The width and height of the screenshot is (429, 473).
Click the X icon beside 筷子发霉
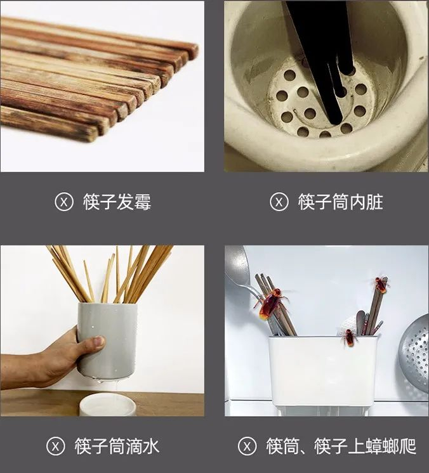tap(64, 202)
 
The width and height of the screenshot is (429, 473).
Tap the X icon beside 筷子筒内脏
tap(279, 202)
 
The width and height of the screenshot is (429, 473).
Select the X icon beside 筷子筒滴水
tap(56, 446)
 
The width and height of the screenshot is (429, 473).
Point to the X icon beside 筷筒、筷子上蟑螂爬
tap(247, 446)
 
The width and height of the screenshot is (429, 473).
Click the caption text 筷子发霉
tap(117, 202)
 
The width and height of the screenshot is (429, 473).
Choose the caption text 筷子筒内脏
tap(341, 202)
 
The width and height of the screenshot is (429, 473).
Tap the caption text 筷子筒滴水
tap(117, 446)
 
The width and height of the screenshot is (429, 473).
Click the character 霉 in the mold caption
tap(142, 202)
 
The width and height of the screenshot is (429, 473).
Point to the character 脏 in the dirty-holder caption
tap(374, 202)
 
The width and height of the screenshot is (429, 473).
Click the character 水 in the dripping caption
tap(150, 446)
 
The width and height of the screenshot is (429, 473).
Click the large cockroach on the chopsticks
tap(272, 303)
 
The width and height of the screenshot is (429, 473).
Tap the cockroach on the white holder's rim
tap(349, 338)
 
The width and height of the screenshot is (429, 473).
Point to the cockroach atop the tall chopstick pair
tap(381, 285)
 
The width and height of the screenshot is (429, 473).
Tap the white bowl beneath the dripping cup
tap(107, 405)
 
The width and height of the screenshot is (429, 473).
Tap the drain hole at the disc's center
tap(310, 113)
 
